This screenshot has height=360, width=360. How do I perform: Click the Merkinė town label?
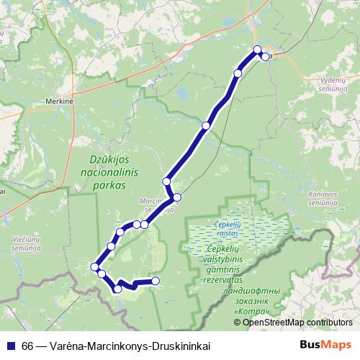(60, 102)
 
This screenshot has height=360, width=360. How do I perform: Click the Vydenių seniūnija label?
(337, 86)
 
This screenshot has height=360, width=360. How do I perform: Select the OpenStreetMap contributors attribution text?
(297, 322)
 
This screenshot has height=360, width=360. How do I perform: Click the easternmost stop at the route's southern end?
(155, 281)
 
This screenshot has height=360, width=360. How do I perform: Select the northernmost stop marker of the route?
(258, 50)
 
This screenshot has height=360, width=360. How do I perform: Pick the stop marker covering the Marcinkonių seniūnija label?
(176, 197)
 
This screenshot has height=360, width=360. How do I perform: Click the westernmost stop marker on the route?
(94, 267)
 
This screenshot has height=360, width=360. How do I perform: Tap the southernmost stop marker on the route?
(117, 289)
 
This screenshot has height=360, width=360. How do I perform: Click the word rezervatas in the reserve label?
(242, 277)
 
